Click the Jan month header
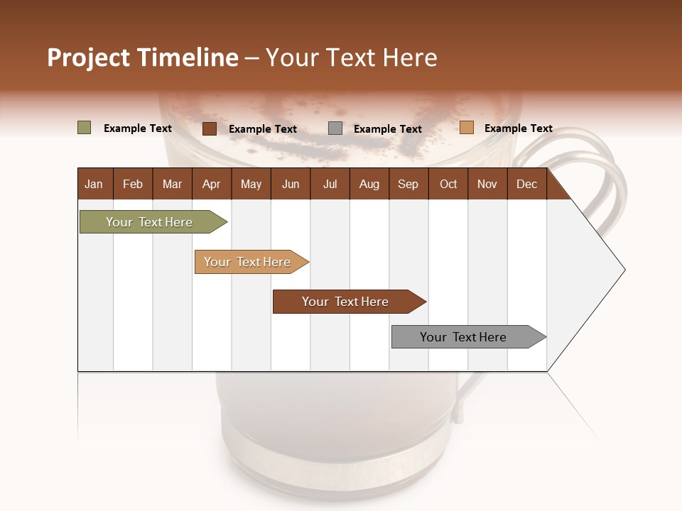tap(94, 184)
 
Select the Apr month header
tap(212, 184)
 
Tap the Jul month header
tap(330, 184)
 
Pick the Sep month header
tap(408, 184)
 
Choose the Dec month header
tap(526, 184)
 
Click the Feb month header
tap(133, 184)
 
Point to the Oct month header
tap(448, 184)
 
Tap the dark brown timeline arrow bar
tap(346, 302)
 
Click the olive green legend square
tap(84, 128)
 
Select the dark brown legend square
tap(209, 128)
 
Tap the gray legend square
tap(335, 128)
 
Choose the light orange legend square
tap(466, 128)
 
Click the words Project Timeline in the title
tap(142, 57)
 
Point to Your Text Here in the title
tap(351, 57)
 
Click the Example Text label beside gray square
tap(387, 129)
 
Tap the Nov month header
tap(487, 184)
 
